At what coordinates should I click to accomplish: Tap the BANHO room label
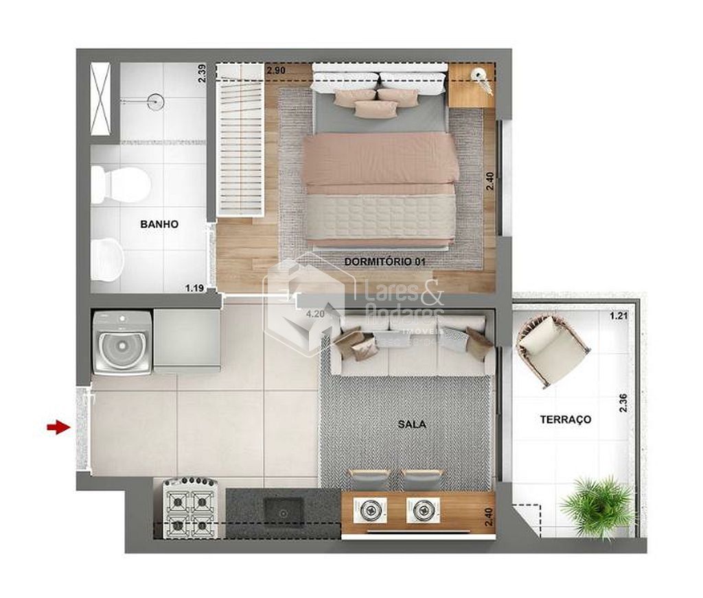[159, 224]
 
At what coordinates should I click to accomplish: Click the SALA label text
[411, 424]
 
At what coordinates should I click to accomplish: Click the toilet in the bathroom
[122, 184]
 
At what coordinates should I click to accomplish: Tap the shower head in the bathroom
[156, 102]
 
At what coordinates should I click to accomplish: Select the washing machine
[123, 343]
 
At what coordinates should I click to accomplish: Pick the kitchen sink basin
[284, 511]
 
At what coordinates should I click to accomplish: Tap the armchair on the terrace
[551, 349]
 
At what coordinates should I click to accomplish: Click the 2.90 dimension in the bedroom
[276, 71]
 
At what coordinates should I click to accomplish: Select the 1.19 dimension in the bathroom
[195, 289]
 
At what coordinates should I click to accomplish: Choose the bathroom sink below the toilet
[107, 259]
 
